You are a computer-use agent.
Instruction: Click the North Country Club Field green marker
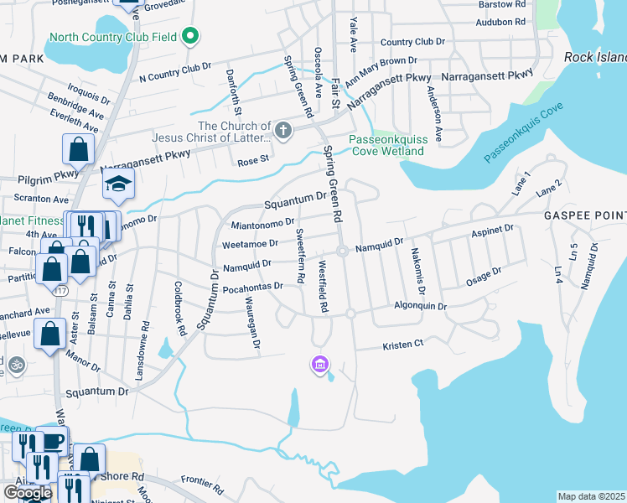tap(190, 36)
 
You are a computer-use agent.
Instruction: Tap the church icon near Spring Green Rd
tap(283, 130)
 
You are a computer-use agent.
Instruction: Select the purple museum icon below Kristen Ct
tap(319, 364)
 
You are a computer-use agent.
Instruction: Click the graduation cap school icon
tap(118, 184)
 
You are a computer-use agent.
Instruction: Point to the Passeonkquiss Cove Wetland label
tap(386, 145)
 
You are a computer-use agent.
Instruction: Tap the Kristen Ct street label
tap(403, 345)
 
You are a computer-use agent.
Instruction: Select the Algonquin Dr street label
tap(420, 307)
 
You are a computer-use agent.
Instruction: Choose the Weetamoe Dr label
tap(249, 244)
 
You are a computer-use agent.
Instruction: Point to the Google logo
tap(28, 492)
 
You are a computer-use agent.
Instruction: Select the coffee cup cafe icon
tap(52, 441)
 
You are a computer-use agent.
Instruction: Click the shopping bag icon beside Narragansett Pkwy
tap(77, 150)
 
